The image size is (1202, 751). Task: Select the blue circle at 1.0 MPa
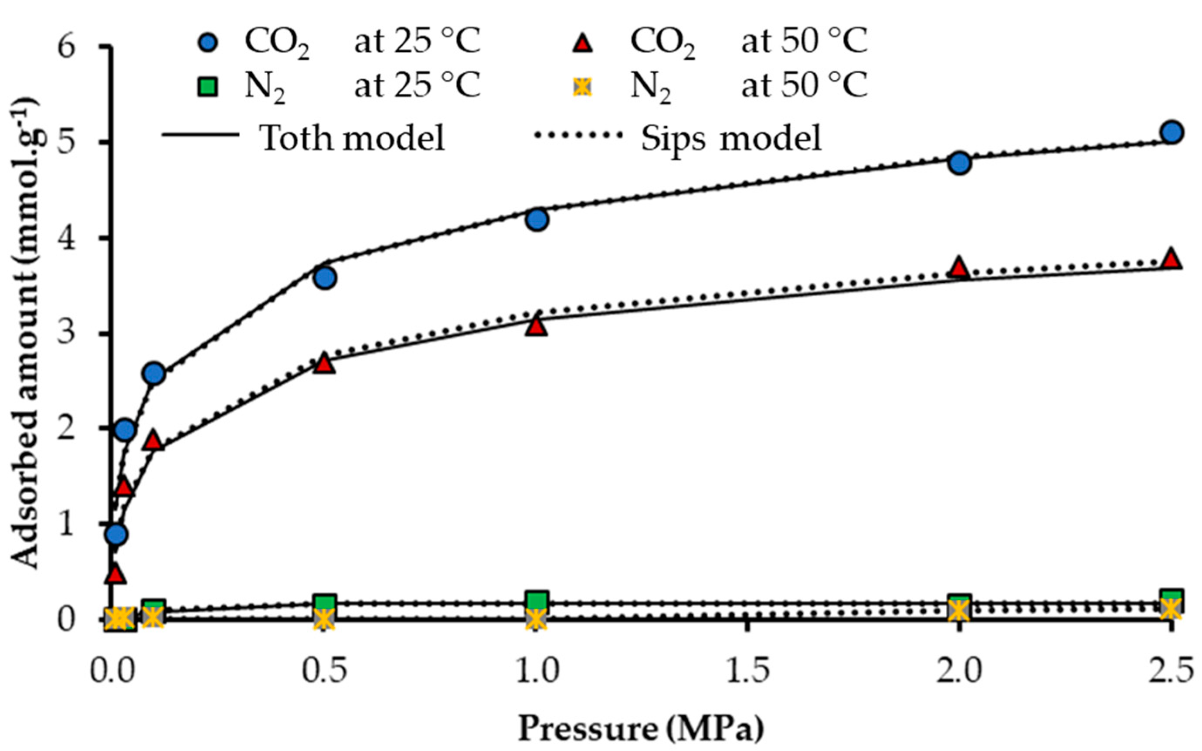[536, 219]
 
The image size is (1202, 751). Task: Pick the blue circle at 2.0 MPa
[960, 163]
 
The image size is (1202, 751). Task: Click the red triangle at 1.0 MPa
[536, 326]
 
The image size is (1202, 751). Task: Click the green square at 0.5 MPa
[325, 603]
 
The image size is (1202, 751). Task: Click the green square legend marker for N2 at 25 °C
[210, 87]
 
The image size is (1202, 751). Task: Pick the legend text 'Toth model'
[352, 138]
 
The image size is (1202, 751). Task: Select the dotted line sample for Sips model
[578, 135]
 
